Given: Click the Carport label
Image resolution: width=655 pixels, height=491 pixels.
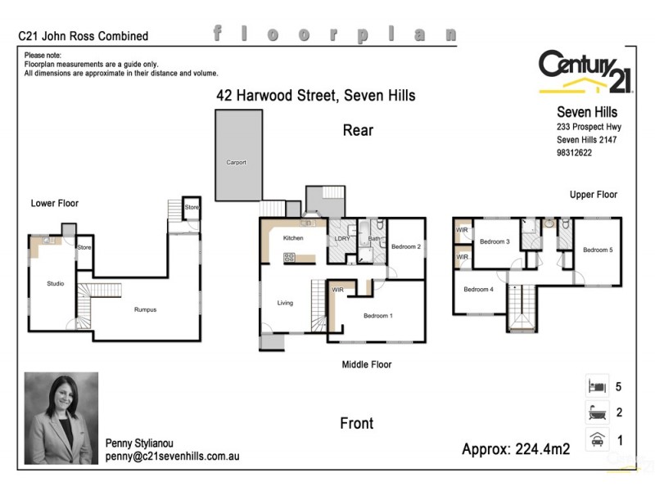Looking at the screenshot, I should pos(236,163).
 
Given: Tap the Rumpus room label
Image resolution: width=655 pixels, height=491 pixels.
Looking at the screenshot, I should pos(145,309).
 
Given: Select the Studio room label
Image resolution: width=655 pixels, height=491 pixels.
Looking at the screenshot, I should pos(55,284).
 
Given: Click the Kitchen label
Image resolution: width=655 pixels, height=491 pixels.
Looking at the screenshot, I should pos(293,238).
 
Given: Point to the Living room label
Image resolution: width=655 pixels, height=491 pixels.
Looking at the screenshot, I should pos(285,303).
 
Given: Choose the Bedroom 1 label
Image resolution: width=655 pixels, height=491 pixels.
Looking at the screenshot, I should pos(377,316).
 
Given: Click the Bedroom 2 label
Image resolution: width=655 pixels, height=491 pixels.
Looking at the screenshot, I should pos(405,246).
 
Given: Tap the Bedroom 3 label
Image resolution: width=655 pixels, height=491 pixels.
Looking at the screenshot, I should pos(495,241).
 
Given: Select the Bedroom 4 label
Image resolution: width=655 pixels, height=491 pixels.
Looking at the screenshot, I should pos(478,289).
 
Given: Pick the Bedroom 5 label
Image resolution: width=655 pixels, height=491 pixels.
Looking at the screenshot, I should pos(598,250).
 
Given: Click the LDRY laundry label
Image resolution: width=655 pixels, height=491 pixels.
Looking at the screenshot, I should pos(342,239).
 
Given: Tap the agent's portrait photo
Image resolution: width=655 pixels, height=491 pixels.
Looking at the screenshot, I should pos(61,419).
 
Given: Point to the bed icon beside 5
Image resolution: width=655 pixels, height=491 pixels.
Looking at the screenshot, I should pos(596,385).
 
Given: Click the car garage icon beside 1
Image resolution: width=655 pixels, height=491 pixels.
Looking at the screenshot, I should pos(596,439).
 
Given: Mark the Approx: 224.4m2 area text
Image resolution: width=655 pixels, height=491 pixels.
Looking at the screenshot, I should pos(516,448).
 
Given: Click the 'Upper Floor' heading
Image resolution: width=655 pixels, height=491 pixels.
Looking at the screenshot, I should pos(593,195).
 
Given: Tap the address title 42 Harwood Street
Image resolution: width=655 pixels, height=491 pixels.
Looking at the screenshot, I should pos(315,96).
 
